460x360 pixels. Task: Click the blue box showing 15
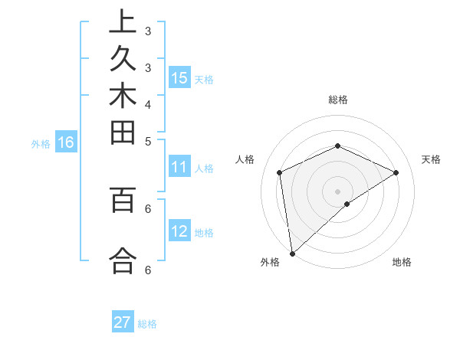pyautogui.click(x=179, y=77)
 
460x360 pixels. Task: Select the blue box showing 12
pyautogui.click(x=179, y=231)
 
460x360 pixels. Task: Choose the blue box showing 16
pyautogui.click(x=66, y=142)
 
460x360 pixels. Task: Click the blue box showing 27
pyautogui.click(x=123, y=322)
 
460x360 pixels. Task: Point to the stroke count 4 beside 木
pyautogui.click(x=147, y=103)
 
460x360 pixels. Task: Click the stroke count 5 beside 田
pyautogui.click(x=147, y=140)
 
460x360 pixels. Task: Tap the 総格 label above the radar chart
pyautogui.click(x=337, y=100)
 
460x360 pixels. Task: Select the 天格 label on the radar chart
pyautogui.click(x=431, y=159)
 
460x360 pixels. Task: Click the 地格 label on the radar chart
pyautogui.click(x=402, y=262)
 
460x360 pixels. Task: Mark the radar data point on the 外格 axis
pyautogui.click(x=292, y=254)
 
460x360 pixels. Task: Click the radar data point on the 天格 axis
pyautogui.click(x=396, y=172)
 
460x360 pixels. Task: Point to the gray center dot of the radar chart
pyautogui.click(x=337, y=191)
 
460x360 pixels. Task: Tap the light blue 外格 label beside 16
pyautogui.click(x=41, y=142)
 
